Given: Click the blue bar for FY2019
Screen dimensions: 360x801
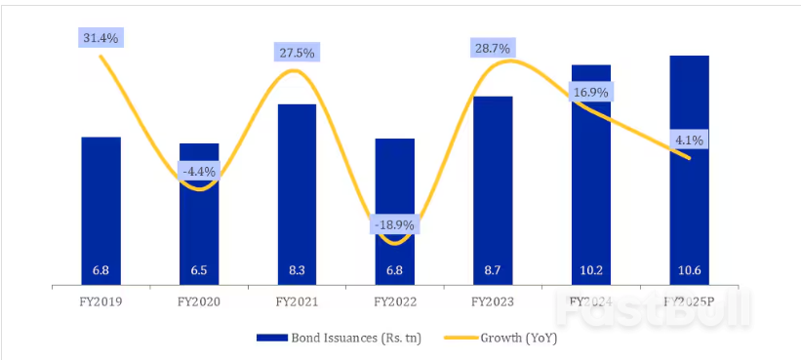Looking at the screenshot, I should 100,210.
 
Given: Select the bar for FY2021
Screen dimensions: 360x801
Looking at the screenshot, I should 297,195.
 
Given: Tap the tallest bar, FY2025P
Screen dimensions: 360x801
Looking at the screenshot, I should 689,171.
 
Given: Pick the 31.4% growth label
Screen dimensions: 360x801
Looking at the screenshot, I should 101,37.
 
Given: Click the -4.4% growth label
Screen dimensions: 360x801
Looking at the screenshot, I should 199,172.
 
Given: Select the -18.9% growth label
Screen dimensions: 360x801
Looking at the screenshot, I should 394,225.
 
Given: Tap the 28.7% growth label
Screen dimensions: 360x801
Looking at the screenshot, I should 493,47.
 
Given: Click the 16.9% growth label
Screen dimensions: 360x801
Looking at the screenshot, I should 590,93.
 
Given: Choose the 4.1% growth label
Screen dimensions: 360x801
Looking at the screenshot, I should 689,140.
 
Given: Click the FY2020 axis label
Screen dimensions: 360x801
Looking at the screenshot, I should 199,302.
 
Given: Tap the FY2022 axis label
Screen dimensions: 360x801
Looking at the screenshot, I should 394,302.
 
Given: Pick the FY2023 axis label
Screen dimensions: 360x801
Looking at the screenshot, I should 493,302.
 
